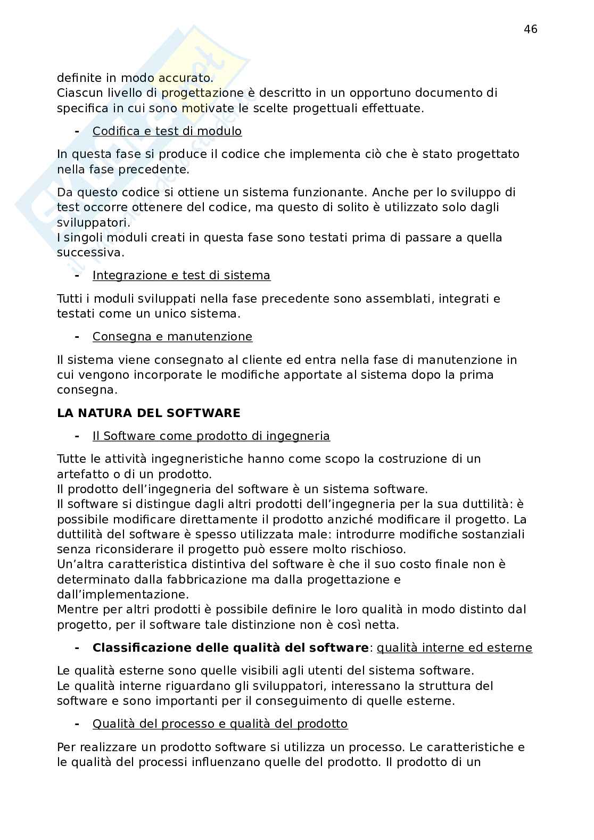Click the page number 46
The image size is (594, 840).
pos(531,29)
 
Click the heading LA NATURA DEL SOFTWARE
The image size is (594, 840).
pos(148,413)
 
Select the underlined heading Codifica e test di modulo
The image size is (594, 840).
pos(167,131)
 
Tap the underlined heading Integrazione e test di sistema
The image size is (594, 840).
pos(181,275)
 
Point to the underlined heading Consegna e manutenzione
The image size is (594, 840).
pos(172,336)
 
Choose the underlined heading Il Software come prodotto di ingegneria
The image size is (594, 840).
pos(211,436)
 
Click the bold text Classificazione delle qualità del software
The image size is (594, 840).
pos(230,647)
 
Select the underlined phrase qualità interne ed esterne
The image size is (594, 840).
pos(454,647)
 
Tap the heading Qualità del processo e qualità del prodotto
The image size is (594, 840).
pos(220,723)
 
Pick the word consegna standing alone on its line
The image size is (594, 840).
pos(86,389)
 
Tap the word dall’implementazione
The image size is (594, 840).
pos(122,594)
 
